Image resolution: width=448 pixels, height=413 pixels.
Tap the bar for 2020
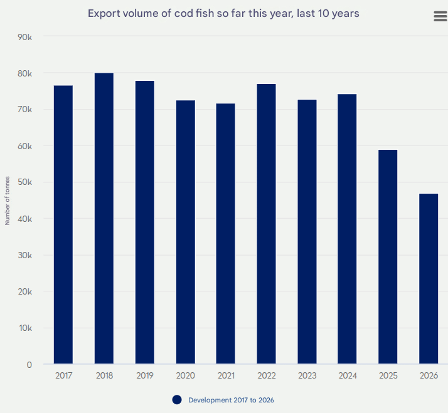(185, 232)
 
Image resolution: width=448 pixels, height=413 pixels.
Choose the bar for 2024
(347, 229)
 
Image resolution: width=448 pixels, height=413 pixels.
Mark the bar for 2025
(388, 257)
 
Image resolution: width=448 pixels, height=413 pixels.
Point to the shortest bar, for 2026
(429, 279)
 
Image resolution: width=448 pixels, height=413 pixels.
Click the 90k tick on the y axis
(24, 37)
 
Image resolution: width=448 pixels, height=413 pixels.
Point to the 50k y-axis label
(24, 182)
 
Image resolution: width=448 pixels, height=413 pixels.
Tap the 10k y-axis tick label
(24, 328)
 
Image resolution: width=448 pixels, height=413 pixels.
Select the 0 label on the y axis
(29, 364)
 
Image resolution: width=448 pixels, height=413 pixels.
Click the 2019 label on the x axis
(144, 376)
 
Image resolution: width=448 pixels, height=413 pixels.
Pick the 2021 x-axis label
(226, 376)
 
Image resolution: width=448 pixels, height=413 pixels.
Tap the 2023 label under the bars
(307, 376)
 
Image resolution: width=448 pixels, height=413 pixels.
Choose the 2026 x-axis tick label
(429, 376)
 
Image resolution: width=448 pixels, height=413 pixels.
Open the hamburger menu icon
(440, 17)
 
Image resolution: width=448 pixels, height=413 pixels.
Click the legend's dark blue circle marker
(177, 400)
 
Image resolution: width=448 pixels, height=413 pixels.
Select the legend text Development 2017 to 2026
(231, 400)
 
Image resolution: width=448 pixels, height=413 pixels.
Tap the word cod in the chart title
(184, 13)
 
